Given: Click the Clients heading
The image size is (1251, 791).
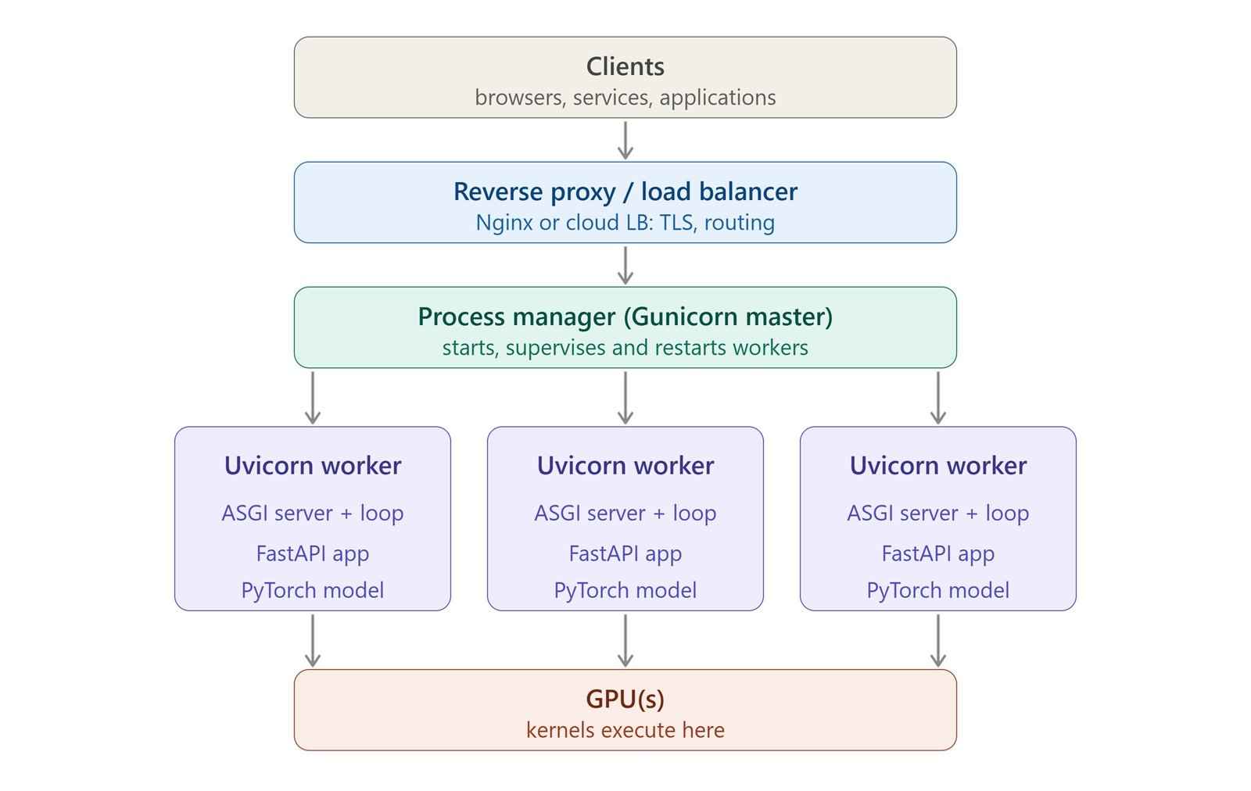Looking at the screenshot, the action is pyautogui.click(x=625, y=67).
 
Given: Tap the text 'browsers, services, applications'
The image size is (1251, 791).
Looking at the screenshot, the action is pyautogui.click(x=625, y=98).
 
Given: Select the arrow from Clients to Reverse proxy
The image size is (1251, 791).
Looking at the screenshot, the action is pyautogui.click(x=625, y=140).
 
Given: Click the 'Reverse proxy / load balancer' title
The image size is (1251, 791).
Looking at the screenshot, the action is pyautogui.click(x=625, y=192).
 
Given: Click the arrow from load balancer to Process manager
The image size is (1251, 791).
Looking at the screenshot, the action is pyautogui.click(x=625, y=265).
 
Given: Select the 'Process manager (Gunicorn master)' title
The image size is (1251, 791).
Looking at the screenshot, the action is pyautogui.click(x=625, y=317).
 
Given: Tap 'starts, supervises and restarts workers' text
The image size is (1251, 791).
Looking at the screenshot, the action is pyautogui.click(x=625, y=348).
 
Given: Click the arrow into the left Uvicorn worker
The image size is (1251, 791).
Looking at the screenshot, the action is pyautogui.click(x=313, y=398).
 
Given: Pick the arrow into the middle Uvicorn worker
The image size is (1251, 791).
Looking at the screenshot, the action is pyautogui.click(x=625, y=398).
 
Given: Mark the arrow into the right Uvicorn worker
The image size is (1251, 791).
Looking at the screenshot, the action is pyautogui.click(x=938, y=398).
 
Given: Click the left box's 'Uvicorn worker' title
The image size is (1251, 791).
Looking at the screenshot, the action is pyautogui.click(x=313, y=466).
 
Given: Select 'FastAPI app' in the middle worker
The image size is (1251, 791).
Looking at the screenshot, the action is pyautogui.click(x=625, y=553).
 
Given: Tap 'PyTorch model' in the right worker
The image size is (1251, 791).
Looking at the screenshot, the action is pyautogui.click(x=938, y=591).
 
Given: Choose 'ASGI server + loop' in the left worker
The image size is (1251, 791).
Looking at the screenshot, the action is pyautogui.click(x=313, y=513).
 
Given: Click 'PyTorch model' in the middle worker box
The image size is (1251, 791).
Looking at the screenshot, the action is pyautogui.click(x=625, y=591).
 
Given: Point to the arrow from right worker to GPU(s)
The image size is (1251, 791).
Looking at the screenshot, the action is pyautogui.click(x=938, y=641).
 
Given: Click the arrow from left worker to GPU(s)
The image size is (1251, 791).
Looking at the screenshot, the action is pyautogui.click(x=313, y=641).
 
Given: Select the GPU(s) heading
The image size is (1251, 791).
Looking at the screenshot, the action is pyautogui.click(x=625, y=700).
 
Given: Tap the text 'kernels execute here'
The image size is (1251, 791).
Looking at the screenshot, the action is pyautogui.click(x=625, y=730).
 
